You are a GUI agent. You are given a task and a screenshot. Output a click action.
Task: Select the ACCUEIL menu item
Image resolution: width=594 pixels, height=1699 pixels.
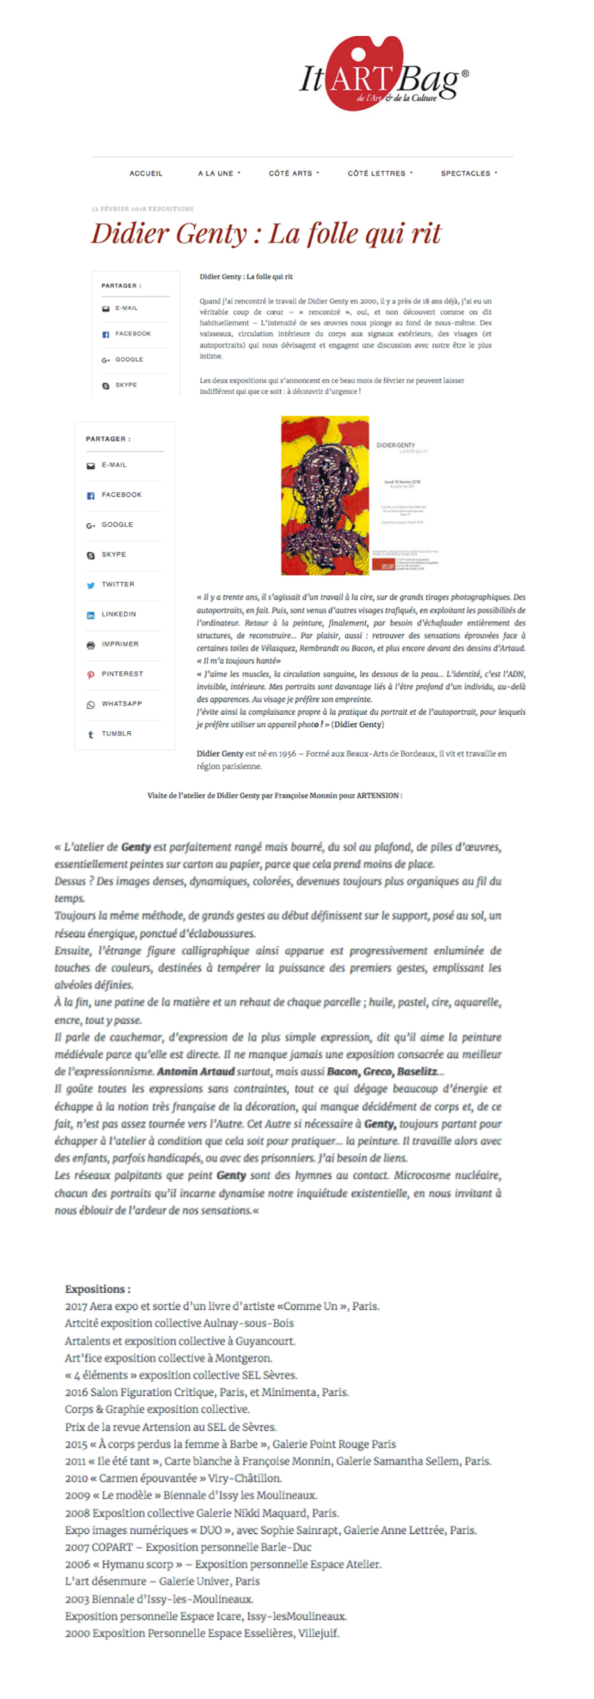pyautogui.click(x=146, y=174)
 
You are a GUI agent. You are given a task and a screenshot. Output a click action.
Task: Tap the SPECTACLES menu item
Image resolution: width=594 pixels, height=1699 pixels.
pyautogui.click(x=469, y=174)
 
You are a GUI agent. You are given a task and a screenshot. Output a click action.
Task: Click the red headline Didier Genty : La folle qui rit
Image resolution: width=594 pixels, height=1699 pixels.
pyautogui.click(x=266, y=234)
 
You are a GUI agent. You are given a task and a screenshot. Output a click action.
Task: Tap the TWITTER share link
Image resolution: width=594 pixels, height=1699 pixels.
pyautogui.click(x=117, y=584)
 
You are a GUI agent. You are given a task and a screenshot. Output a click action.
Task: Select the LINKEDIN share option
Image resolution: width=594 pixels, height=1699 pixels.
pyautogui.click(x=119, y=614)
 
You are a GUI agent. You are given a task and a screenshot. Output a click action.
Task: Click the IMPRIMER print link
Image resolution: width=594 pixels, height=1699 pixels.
pyautogui.click(x=119, y=644)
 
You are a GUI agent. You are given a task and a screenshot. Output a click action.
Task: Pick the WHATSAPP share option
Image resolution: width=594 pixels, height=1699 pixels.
pyautogui.click(x=121, y=704)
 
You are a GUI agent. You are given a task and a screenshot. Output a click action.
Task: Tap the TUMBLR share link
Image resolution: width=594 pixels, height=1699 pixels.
pyautogui.click(x=116, y=733)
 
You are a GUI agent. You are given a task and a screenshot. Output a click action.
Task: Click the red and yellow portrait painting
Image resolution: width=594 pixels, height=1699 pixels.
pyautogui.click(x=325, y=495)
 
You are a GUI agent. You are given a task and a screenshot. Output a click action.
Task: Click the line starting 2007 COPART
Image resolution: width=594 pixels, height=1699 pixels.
pyautogui.click(x=188, y=1547)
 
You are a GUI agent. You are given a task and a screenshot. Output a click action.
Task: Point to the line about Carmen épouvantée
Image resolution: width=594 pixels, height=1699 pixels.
pyautogui.click(x=173, y=1478)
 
